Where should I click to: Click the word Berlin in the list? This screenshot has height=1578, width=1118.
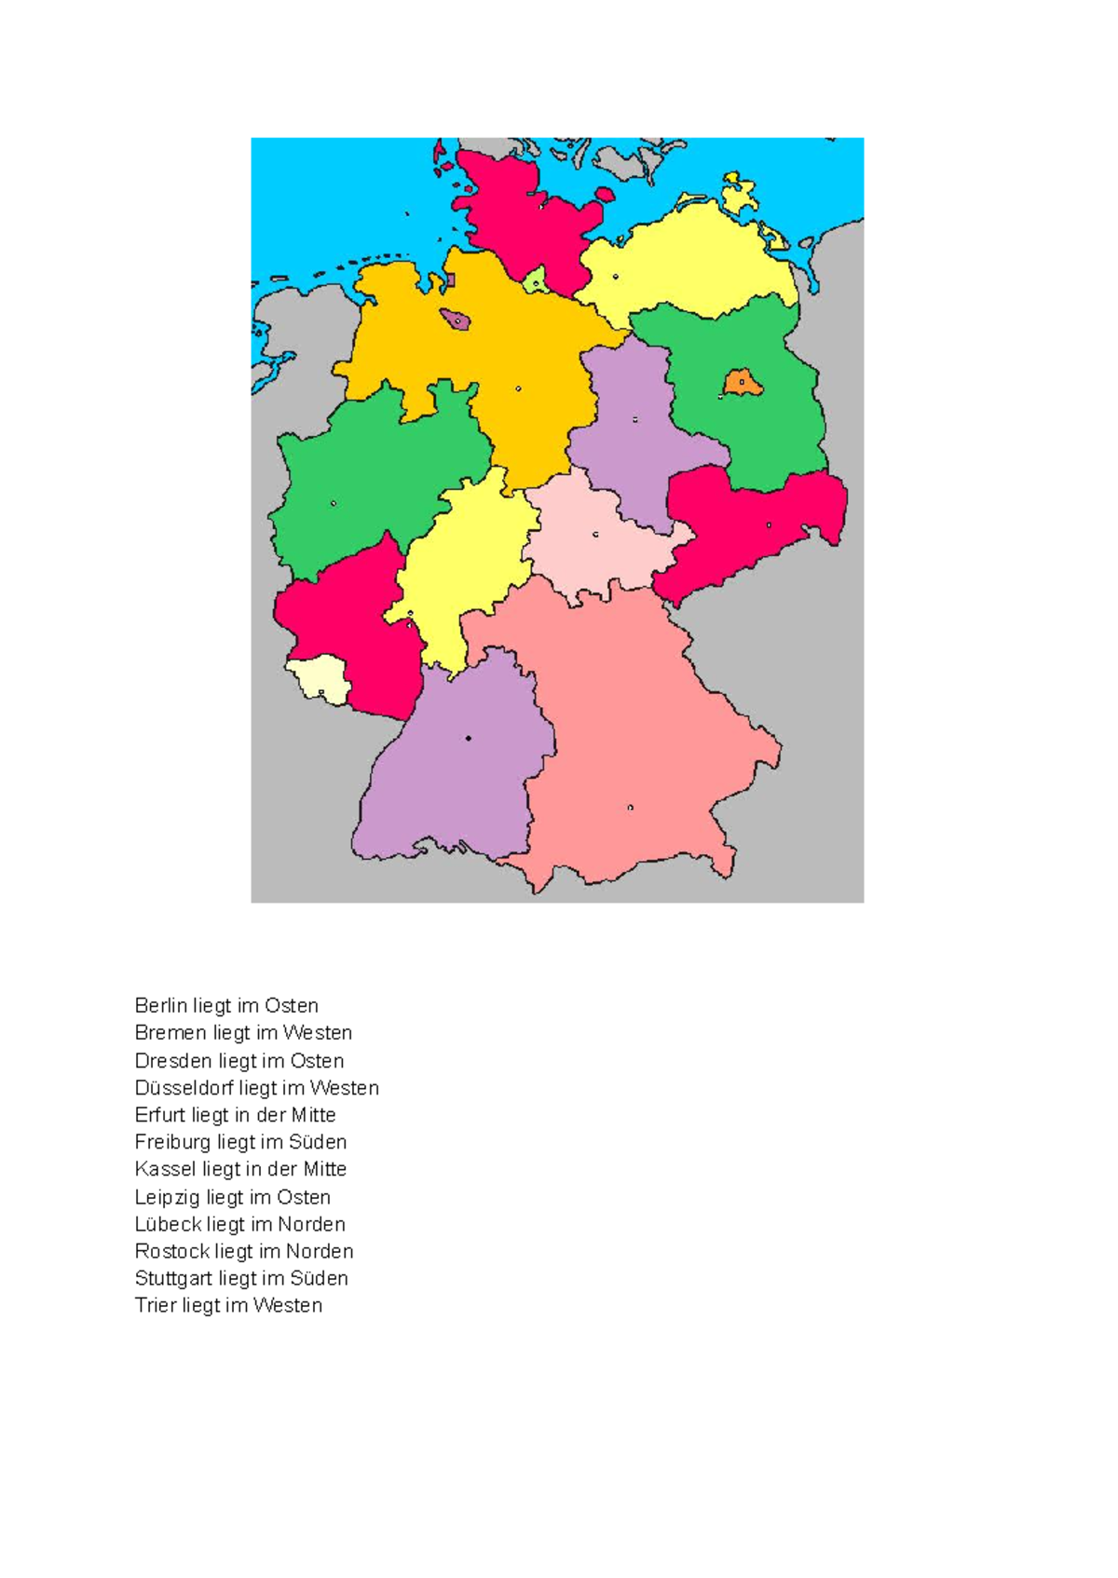pos(160,1006)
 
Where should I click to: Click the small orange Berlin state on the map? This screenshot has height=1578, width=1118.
pos(743,383)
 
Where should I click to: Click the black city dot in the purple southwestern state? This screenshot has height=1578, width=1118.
pos(468,738)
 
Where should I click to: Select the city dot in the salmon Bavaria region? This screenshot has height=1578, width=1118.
pos(631,808)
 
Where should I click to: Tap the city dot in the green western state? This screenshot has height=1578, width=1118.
pos(334,503)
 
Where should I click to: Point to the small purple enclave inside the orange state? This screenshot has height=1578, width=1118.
pos(457,320)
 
